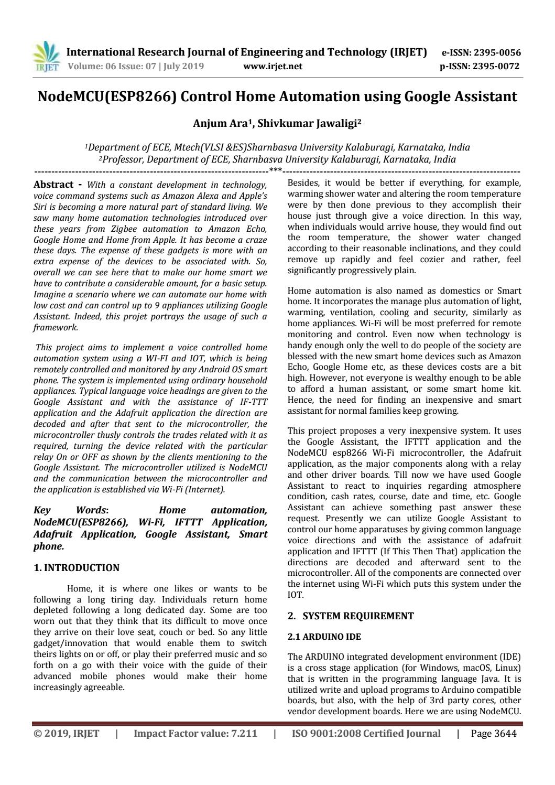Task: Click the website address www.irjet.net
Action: pos(273,67)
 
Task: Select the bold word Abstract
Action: pos(53,185)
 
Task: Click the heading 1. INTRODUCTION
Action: pos(77,568)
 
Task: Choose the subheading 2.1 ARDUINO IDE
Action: pos(324,637)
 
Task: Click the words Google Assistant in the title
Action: pos(454,97)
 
